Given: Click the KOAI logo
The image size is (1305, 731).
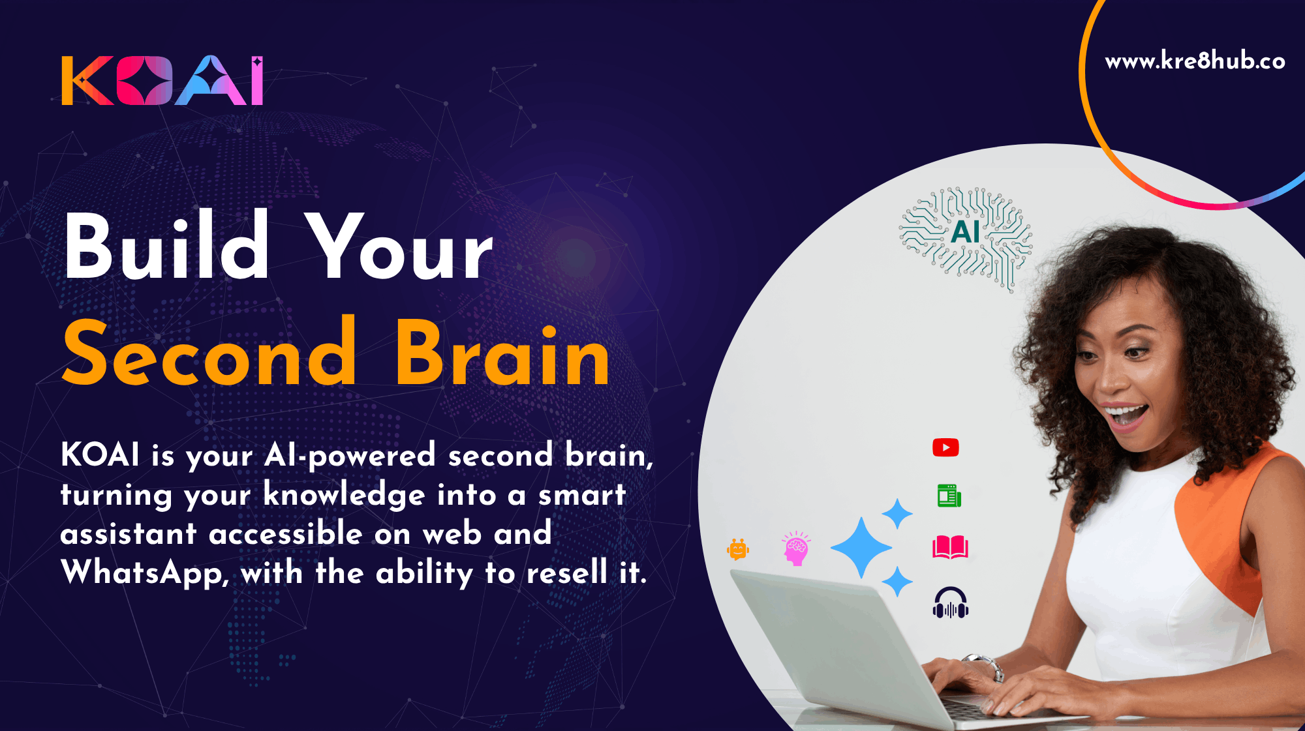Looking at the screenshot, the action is pyautogui.click(x=162, y=80).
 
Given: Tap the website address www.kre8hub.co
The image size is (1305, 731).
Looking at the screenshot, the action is pyautogui.click(x=1195, y=61).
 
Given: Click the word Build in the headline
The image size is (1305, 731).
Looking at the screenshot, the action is pyautogui.click(x=166, y=246).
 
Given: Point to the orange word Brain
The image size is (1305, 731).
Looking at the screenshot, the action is pyautogui.click(x=502, y=353).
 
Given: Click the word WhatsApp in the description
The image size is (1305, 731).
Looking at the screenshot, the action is pyautogui.click(x=144, y=573).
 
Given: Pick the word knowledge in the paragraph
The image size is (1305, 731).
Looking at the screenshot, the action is pyautogui.click(x=345, y=495).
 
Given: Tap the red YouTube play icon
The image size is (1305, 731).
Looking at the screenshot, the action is pyautogui.click(x=945, y=447).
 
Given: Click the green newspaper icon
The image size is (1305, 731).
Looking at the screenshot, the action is pyautogui.click(x=949, y=496).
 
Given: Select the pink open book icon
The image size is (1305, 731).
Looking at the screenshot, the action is pyautogui.click(x=950, y=547).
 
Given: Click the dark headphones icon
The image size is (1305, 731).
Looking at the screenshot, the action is pyautogui.click(x=951, y=603).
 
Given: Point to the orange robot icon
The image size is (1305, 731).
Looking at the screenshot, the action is pyautogui.click(x=738, y=550).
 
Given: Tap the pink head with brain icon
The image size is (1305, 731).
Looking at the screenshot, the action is pyautogui.click(x=796, y=548).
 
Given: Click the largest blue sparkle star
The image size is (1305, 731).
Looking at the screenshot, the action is pyautogui.click(x=861, y=548).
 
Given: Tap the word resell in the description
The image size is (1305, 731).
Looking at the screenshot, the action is pyautogui.click(x=567, y=573).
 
